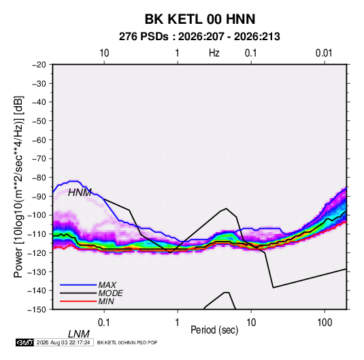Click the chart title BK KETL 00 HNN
[200, 19]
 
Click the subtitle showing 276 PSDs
[199, 37]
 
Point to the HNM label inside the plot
[80, 193]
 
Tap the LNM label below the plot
[79, 334]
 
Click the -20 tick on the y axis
[39, 65]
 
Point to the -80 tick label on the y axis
[39, 178]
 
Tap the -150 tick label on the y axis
[37, 310]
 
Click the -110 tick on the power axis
[37, 234]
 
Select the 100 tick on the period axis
[325, 323]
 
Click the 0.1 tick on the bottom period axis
[104, 323]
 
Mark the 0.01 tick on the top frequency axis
[324, 53]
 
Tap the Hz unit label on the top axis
[214, 53]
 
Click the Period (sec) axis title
[214, 330]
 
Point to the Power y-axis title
[18, 186]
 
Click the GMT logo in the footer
[24, 342]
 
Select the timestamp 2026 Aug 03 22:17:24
[63, 342]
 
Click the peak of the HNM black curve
[226, 208]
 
